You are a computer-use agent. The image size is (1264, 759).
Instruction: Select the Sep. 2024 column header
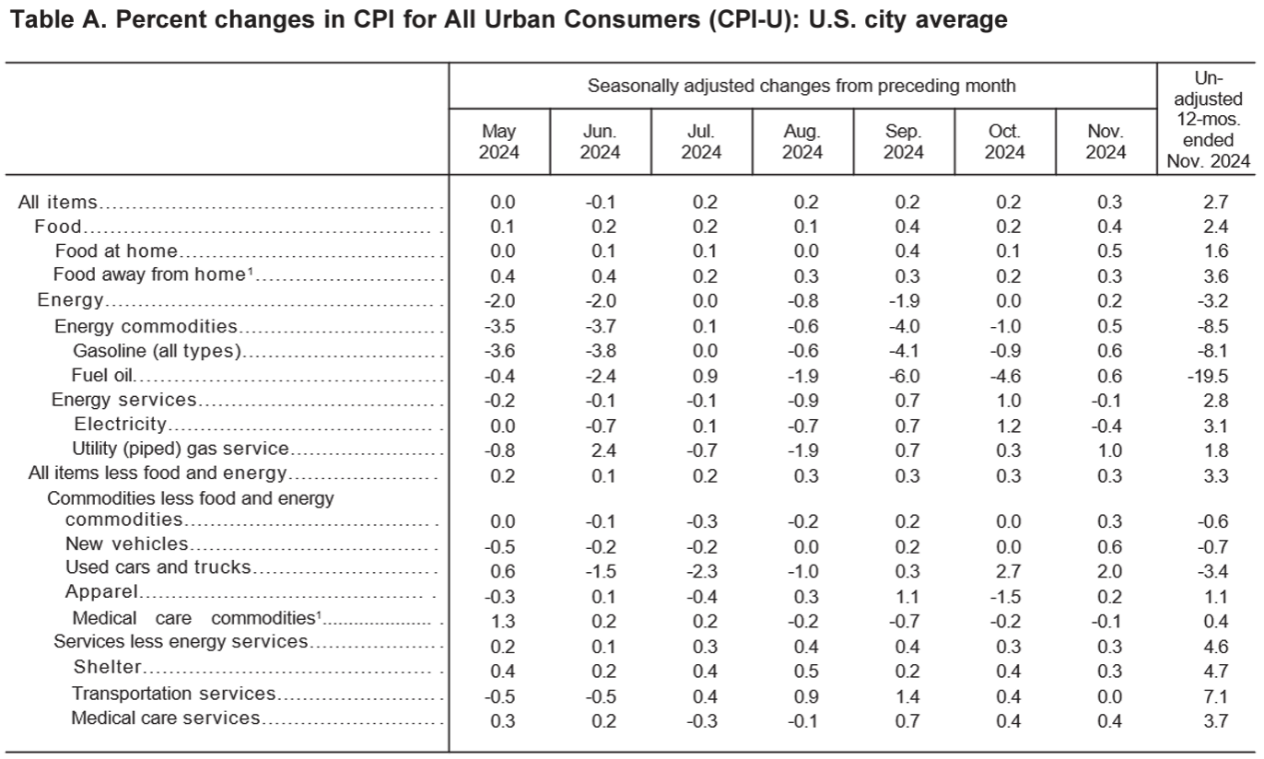[x=903, y=142]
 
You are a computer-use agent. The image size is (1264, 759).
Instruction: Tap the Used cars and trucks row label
[x=158, y=567]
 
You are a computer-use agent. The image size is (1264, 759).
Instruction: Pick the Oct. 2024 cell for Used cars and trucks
[x=1009, y=571]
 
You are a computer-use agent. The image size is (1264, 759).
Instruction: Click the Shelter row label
[x=107, y=667]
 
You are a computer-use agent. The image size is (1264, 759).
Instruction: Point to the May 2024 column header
[x=498, y=142]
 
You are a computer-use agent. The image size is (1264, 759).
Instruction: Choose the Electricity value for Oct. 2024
[x=1009, y=426]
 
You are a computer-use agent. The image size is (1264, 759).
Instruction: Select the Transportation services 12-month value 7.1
[x=1215, y=696]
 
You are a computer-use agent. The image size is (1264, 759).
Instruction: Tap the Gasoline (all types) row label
[x=157, y=351]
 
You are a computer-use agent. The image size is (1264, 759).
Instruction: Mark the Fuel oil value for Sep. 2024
[x=904, y=376]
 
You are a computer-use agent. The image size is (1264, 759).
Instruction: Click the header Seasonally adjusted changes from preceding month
[x=802, y=86]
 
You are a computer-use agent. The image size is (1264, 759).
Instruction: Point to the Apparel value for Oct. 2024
[x=1005, y=597]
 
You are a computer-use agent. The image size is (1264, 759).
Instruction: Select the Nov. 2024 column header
[x=1106, y=142]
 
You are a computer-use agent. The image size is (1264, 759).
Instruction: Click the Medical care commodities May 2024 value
[x=503, y=622]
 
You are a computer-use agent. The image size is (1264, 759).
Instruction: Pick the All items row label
[x=57, y=202]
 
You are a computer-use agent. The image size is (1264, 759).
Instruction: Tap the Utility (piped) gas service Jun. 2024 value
[x=603, y=450]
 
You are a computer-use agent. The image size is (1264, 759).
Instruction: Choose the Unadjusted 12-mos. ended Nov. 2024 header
[x=1208, y=120]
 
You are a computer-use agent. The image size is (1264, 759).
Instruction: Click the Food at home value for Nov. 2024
[x=1109, y=251]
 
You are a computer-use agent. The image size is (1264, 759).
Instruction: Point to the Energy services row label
[x=123, y=400]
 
